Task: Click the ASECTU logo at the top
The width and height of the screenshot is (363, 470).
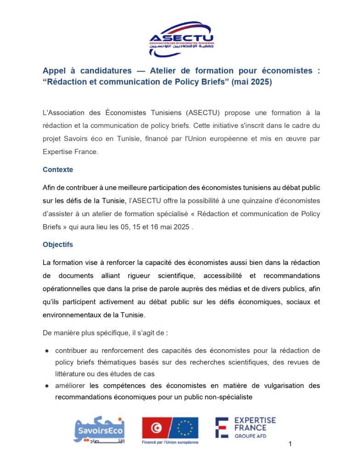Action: click(x=181, y=39)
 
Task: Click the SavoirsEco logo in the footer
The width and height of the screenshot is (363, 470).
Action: click(x=99, y=430)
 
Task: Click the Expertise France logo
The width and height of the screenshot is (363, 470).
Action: click(x=246, y=427)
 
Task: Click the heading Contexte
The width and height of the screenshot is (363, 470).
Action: click(x=58, y=169)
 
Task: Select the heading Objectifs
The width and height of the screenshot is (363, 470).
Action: click(x=58, y=245)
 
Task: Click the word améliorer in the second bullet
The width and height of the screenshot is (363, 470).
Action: click(x=71, y=386)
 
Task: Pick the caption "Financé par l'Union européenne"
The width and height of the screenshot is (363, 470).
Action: click(x=170, y=442)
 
